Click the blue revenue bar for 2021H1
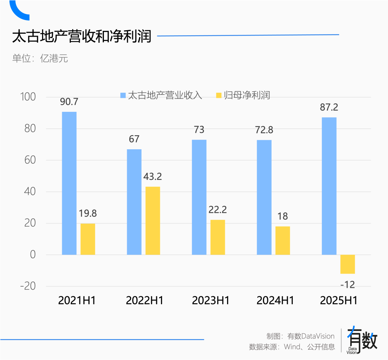pos(69,183)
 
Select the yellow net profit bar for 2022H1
pos(153,220)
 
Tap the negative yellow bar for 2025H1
pos(347,264)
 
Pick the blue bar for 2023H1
pos(199,197)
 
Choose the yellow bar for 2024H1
pos(283,240)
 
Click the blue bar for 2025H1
pos(329,186)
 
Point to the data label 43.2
pos(153,177)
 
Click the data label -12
pos(347,285)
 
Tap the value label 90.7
pos(69,102)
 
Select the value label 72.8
pos(264,130)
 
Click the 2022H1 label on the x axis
pos(144,301)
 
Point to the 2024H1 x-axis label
pos(275,301)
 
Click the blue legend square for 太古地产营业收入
pos(123,95)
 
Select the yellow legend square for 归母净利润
pos(218,95)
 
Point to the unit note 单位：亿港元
pos(40,58)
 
